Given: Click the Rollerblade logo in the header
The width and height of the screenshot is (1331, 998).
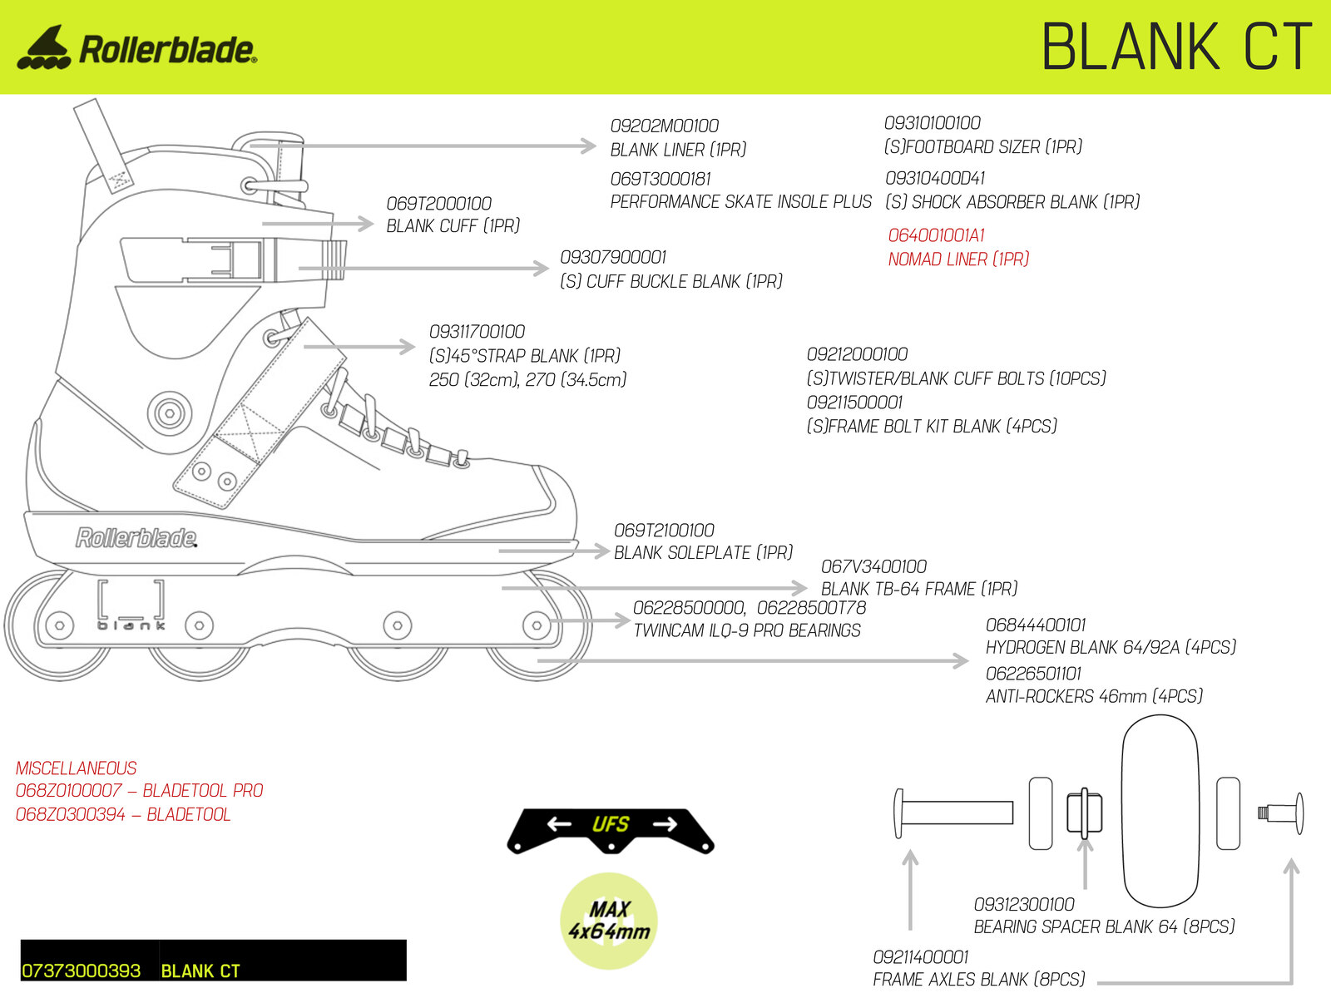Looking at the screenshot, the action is click(x=137, y=47).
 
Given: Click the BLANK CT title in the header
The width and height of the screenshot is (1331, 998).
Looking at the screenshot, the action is click(x=1177, y=47).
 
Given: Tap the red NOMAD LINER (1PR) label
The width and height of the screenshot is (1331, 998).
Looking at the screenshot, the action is click(x=958, y=259).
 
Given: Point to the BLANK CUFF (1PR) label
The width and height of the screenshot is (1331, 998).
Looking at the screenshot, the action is click(x=453, y=226).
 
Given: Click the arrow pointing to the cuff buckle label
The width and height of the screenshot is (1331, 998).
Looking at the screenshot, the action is click(x=423, y=268).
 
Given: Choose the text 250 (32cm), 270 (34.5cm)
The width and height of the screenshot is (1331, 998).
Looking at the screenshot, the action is click(x=527, y=380).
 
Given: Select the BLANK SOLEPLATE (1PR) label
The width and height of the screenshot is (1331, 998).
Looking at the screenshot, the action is click(x=704, y=552).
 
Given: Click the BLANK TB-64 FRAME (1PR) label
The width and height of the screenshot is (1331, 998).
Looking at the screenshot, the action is click(x=919, y=588).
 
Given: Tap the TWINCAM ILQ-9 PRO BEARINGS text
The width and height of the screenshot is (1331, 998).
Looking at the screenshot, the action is click(x=747, y=630).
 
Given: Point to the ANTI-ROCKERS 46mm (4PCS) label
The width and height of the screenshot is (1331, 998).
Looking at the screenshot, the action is click(x=1095, y=696).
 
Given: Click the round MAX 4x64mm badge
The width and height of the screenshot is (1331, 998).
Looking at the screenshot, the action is click(x=609, y=921).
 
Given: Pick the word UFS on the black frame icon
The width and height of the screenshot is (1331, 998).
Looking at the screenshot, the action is click(x=611, y=824).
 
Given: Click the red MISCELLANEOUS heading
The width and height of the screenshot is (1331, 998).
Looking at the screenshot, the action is click(x=77, y=768).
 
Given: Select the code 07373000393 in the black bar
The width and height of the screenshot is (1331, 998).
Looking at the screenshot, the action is click(x=82, y=971).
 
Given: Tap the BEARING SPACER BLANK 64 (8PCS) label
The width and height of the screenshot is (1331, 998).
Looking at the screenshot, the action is click(x=1104, y=926).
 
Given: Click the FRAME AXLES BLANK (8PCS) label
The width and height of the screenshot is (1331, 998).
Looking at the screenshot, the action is click(x=978, y=979).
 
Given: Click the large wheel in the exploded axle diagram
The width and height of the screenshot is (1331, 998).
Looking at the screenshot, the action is click(x=1160, y=811).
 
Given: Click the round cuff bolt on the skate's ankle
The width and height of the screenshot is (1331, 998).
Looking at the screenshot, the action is click(x=170, y=413).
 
